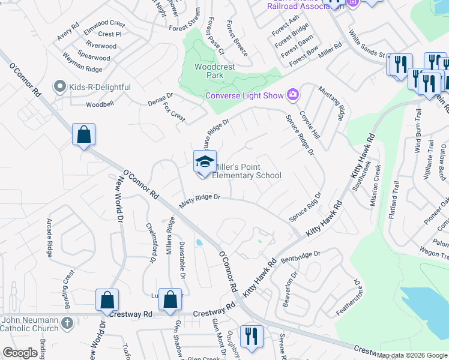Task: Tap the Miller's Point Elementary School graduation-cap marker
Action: click(x=204, y=162)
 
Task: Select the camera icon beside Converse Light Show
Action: click(x=292, y=94)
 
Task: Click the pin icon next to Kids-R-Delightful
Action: click(x=59, y=87)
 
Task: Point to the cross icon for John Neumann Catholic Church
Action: click(x=67, y=323)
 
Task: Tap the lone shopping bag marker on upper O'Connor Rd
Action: click(x=84, y=135)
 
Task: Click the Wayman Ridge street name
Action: click(x=82, y=65)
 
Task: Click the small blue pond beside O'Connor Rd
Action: click(x=199, y=242)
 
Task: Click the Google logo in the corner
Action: click(x=20, y=353)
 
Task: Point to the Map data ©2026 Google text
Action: click(x=412, y=355)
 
